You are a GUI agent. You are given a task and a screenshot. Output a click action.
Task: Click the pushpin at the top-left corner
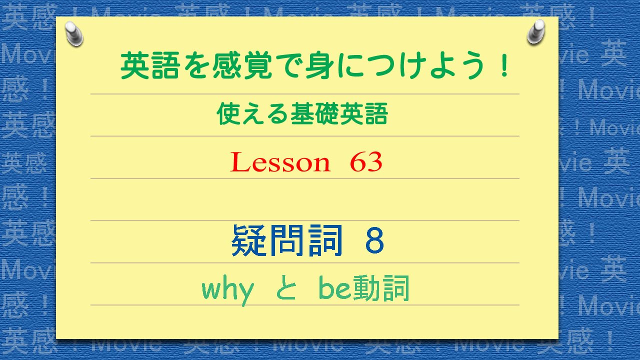pyautogui.click(x=74, y=33)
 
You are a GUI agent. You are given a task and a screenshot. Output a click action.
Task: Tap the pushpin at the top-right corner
pyautogui.click(x=536, y=31)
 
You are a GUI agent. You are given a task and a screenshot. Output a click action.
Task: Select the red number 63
pyautogui.click(x=366, y=162)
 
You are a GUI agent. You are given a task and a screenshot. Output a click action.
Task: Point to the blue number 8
pyautogui.click(x=374, y=241)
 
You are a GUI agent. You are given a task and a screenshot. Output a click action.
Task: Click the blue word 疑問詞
pyautogui.click(x=287, y=241)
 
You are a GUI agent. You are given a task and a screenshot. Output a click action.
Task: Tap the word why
pyautogui.click(x=227, y=290)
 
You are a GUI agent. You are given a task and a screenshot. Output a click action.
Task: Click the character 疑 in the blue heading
pyautogui.click(x=249, y=241)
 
